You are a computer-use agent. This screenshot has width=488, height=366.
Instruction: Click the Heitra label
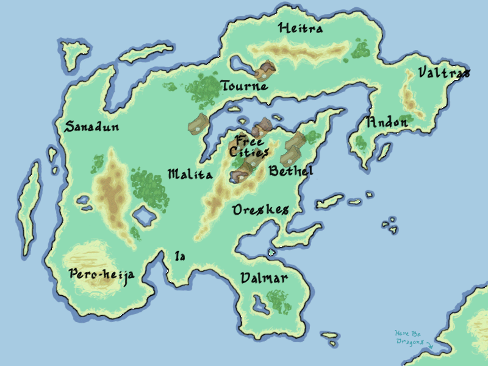pyautogui.click(x=300, y=28)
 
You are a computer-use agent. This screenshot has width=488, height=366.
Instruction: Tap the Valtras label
pyautogui.click(x=443, y=73)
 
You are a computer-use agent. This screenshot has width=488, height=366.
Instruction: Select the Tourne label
pyautogui.click(x=244, y=86)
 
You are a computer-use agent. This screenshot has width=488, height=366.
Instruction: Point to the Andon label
pyautogui.click(x=387, y=122)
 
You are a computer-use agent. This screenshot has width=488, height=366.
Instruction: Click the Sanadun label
pyautogui.click(x=91, y=127)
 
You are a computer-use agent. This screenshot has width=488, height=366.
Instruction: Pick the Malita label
pyautogui.click(x=190, y=175)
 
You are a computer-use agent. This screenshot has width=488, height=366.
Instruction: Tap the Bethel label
pyautogui.click(x=291, y=171)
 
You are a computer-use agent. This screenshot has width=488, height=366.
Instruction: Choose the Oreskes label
pyautogui.click(x=260, y=210)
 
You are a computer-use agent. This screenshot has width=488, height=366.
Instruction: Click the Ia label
pyautogui.click(x=180, y=256)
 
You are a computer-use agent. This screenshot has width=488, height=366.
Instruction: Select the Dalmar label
pyautogui.click(x=264, y=279)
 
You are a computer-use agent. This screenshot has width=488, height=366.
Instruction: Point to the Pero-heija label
pyautogui.click(x=101, y=274)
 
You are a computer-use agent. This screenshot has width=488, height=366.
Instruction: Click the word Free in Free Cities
pyautogui.click(x=250, y=141)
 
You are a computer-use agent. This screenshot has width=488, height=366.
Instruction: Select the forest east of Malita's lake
pyautogui.click(x=149, y=187)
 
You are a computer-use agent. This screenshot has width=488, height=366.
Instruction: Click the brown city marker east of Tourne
pyautogui.click(x=265, y=71)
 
